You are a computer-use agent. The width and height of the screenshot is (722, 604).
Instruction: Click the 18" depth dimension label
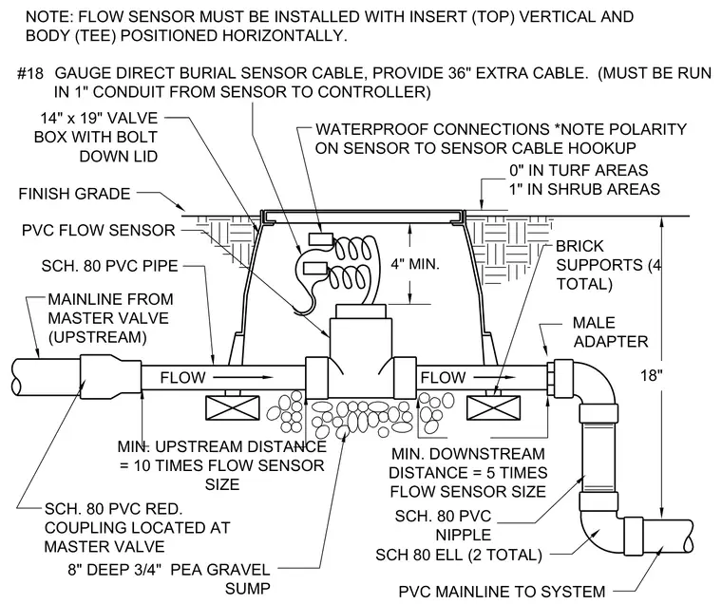651,376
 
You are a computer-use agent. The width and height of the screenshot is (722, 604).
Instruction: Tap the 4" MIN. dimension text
415,264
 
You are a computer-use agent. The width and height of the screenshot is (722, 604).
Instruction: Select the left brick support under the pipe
232,408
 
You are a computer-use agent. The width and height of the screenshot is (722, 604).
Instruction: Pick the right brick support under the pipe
494,408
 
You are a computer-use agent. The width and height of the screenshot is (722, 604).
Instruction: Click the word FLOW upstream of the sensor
182,378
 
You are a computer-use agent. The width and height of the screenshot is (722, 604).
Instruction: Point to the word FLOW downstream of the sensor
443,378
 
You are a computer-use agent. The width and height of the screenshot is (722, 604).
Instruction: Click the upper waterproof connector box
320,238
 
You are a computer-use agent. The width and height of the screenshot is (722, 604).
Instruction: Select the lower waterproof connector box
315,269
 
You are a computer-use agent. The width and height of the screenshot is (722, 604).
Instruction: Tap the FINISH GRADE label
75,194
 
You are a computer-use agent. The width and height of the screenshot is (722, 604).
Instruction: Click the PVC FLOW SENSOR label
99,230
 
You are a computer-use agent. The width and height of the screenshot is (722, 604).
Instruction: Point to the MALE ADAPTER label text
611,332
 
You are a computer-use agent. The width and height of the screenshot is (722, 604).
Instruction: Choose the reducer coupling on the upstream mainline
110,378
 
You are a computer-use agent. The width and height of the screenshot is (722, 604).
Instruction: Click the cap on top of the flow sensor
361,311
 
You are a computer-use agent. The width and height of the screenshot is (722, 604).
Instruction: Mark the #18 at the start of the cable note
30,74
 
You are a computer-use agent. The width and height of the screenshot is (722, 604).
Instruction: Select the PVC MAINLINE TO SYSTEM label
502,592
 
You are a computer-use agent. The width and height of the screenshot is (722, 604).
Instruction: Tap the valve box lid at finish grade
362,214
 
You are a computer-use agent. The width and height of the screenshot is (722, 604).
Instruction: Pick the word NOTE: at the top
48,17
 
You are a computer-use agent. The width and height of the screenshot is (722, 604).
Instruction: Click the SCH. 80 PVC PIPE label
109,266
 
